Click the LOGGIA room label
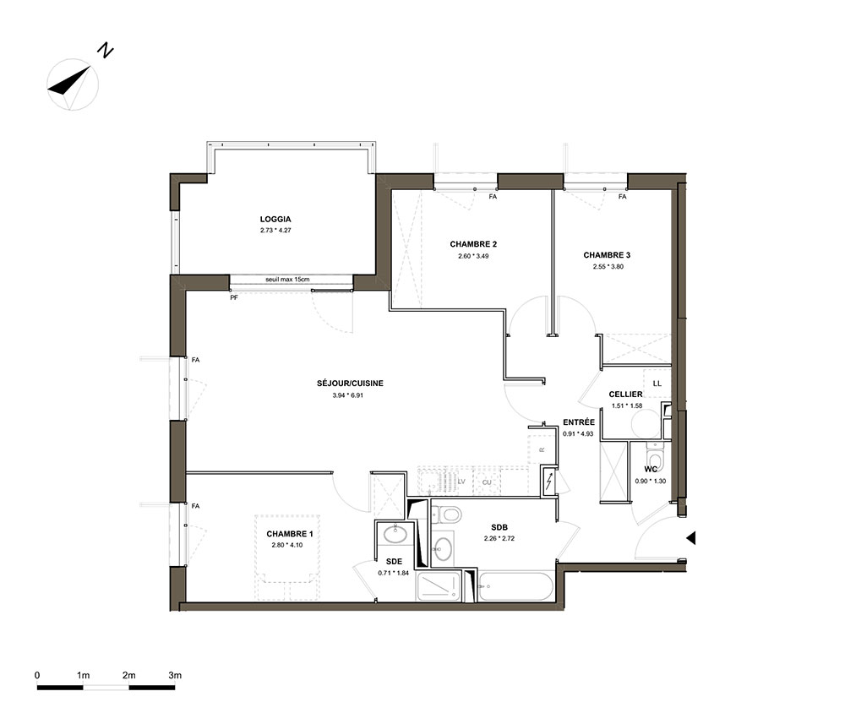pyautogui.click(x=275, y=220)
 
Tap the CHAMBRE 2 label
pyautogui.click(x=473, y=244)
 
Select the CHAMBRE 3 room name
pyautogui.click(x=607, y=255)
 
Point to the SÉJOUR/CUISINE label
pyautogui.click(x=351, y=383)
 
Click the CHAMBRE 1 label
pyautogui.click(x=290, y=534)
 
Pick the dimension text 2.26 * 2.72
pyautogui.click(x=499, y=538)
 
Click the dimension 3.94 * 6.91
pyautogui.click(x=348, y=395)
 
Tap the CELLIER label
pyautogui.click(x=625, y=395)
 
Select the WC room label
pyautogui.click(x=651, y=469)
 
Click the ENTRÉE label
pyautogui.click(x=579, y=422)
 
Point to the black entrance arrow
pyautogui.click(x=690, y=537)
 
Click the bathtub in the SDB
pyautogui.click(x=515, y=586)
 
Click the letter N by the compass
pyautogui.click(x=105, y=51)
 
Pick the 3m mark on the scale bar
pyautogui.click(x=175, y=675)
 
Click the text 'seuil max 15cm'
pyautogui.click(x=287, y=280)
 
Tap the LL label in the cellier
pyautogui.click(x=657, y=384)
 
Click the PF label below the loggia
pyautogui.click(x=234, y=297)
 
